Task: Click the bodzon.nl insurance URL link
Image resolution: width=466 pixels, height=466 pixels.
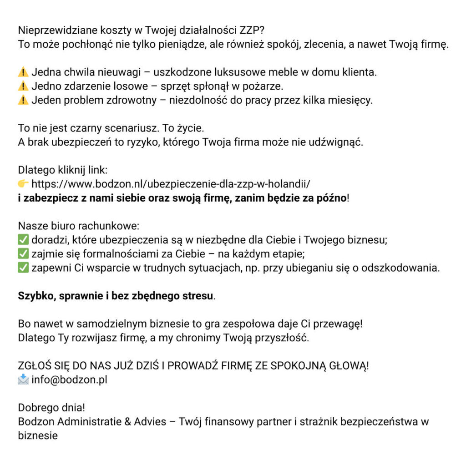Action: [x=171, y=184]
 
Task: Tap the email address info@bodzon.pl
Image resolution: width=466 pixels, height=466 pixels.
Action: [x=69, y=380]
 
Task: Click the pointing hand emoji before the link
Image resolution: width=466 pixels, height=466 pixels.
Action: [x=23, y=184]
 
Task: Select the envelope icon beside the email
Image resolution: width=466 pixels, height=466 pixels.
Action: [x=23, y=380]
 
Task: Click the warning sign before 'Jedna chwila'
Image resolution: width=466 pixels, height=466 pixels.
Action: [x=23, y=72]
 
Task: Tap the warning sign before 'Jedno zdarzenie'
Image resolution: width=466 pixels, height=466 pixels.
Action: [x=23, y=86]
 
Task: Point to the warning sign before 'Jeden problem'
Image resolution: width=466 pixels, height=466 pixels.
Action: [x=23, y=100]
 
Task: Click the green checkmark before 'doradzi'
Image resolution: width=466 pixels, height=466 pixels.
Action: [x=23, y=240]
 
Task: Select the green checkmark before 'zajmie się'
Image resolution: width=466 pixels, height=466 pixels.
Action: [x=23, y=254]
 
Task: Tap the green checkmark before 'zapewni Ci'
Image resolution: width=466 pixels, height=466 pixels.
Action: [x=23, y=268]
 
